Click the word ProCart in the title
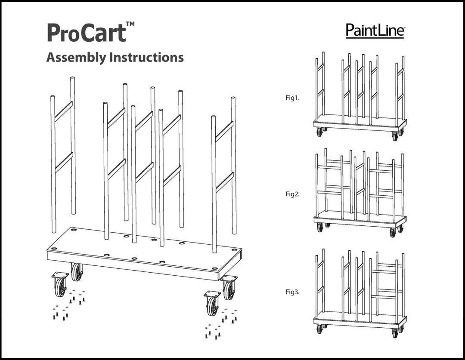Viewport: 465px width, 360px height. coord(87,33)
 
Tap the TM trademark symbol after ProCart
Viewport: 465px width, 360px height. coord(130,24)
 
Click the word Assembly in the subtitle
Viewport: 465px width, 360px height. coord(76,58)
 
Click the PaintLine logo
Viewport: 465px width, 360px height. coord(375,31)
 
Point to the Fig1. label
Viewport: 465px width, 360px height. coord(292,98)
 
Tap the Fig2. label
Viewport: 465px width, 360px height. coord(292,194)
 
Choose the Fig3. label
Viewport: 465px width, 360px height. coord(292,292)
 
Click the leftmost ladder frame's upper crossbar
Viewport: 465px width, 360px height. coord(63,111)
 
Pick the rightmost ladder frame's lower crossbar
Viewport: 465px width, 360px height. coord(224,182)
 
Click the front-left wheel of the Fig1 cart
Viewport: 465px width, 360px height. coord(319,132)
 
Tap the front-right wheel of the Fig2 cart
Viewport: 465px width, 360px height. coord(393,233)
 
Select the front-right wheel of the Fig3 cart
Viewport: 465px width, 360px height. coord(395,333)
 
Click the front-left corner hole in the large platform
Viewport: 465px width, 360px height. coord(54,249)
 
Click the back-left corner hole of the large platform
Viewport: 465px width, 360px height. coord(73,230)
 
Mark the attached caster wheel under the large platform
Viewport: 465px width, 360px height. coord(77,272)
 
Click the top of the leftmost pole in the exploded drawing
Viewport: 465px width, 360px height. coord(53,97)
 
